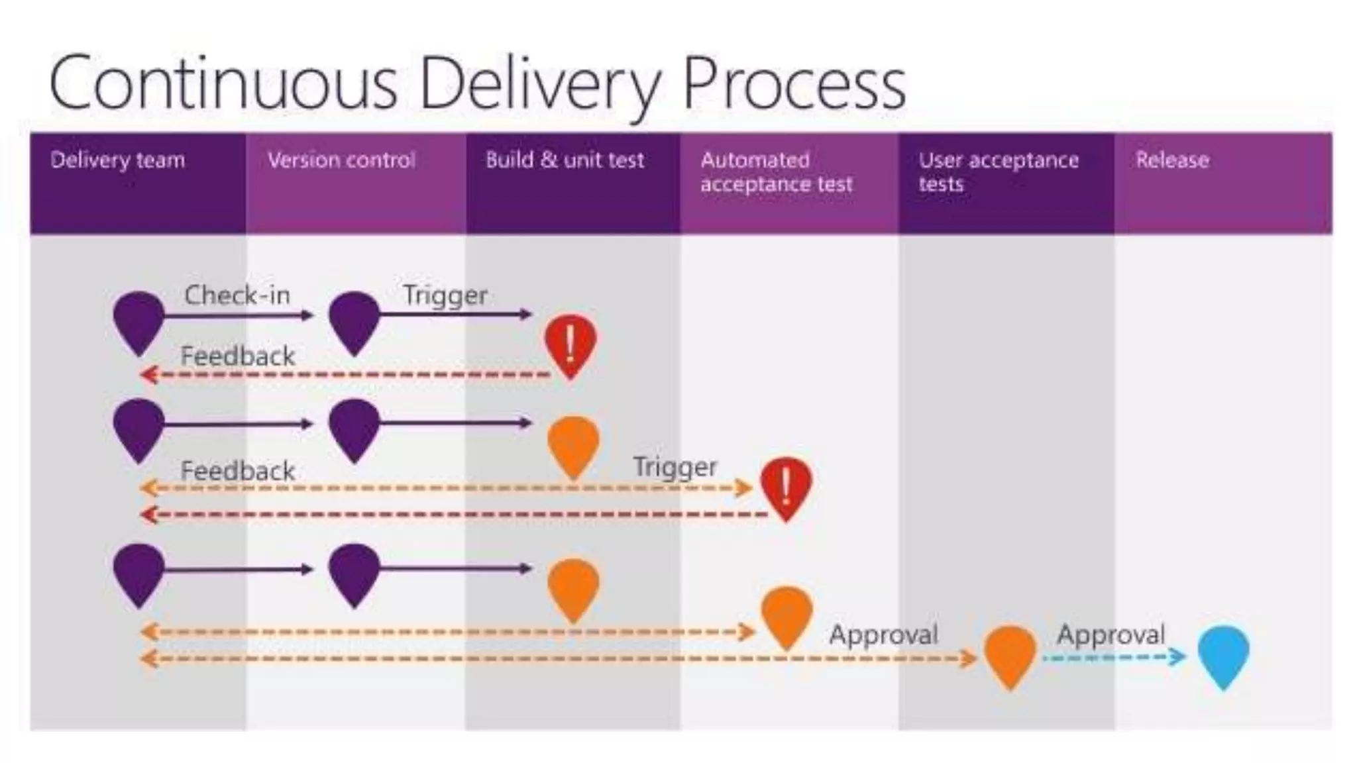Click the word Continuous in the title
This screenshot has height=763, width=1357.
(223, 83)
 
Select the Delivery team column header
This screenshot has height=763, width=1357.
(117, 160)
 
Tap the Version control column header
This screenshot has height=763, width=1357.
(341, 160)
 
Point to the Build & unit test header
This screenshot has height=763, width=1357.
(565, 160)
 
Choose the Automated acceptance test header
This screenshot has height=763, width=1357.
(776, 172)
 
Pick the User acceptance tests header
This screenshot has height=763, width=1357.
(998, 172)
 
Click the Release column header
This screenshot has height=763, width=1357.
(1172, 160)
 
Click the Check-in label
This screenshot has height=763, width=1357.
(237, 295)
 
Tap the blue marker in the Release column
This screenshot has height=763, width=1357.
(1223, 653)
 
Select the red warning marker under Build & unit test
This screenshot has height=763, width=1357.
(570, 342)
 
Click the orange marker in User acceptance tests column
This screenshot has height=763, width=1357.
(1009, 653)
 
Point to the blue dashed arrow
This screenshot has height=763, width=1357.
(1113, 658)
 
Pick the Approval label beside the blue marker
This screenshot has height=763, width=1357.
(1111, 635)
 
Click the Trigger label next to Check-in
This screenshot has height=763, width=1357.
(445, 295)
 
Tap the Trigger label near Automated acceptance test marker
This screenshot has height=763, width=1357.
(675, 467)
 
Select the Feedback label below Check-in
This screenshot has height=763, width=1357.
(237, 357)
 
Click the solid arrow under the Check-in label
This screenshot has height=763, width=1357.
(239, 315)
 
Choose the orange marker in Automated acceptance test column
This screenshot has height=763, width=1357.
(787, 613)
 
